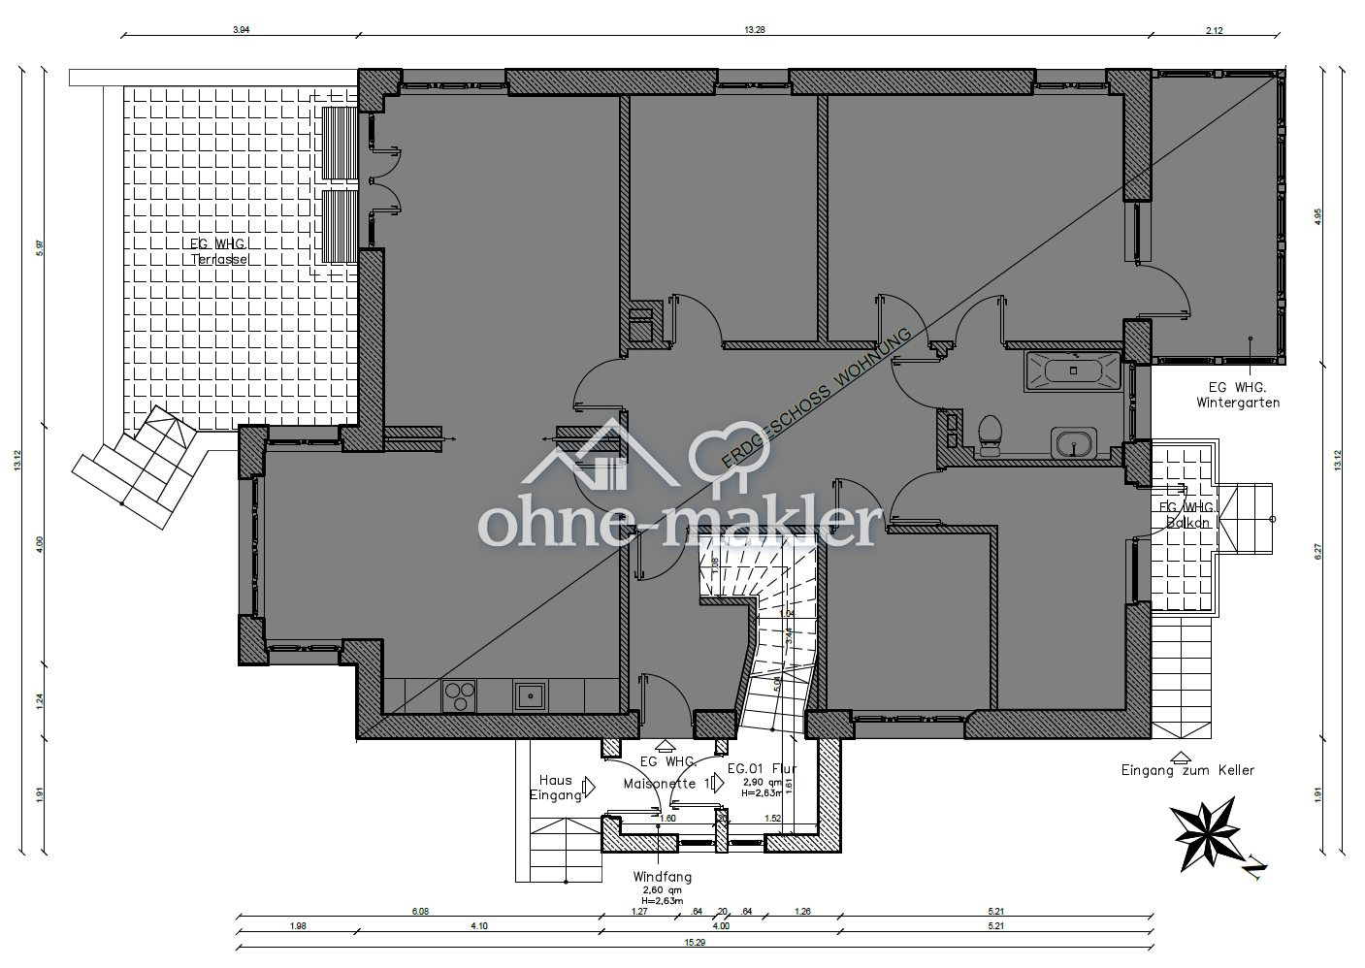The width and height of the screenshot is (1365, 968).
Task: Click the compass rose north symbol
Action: [1206, 833]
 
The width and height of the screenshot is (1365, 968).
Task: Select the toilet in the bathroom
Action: [990, 435]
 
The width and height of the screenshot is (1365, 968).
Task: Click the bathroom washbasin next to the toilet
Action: [1073, 443]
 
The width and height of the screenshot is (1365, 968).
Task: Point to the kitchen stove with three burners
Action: [459, 695]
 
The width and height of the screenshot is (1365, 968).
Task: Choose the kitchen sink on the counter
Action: [530, 695]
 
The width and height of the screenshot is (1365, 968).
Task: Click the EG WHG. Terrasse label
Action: [219, 252]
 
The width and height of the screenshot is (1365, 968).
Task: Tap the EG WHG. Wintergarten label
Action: [1237, 395]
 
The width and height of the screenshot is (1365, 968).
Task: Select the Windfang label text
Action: [662, 877]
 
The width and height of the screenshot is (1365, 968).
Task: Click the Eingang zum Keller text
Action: [1187, 770]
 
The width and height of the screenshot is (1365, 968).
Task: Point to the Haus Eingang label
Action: [556, 788]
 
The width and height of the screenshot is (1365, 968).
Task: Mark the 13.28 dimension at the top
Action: [754, 30]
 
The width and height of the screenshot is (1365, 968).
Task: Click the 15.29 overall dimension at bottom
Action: [695, 942]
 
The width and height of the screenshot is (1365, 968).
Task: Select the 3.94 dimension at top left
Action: [241, 30]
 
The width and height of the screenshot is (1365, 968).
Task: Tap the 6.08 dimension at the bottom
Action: [420, 912]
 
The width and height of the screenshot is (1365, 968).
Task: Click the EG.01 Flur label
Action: [762, 768]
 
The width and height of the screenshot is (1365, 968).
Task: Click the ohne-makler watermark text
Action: [679, 524]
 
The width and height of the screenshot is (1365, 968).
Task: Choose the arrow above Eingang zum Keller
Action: [1181, 756]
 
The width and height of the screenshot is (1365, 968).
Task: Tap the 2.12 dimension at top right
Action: [1214, 30]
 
